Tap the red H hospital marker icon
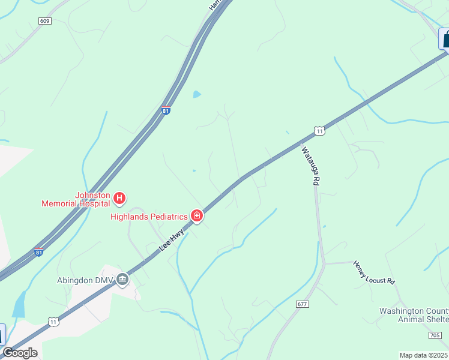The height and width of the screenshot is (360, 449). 119,197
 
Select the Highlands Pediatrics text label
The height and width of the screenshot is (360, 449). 149,216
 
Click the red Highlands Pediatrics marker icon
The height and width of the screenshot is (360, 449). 197,215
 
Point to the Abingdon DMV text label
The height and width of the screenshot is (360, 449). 84,280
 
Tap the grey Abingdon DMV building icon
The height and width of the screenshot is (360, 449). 122,279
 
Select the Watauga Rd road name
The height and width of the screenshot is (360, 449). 309,166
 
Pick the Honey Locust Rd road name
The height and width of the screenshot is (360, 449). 374,272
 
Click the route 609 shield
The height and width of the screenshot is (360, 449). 45,20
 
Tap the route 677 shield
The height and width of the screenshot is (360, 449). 302,305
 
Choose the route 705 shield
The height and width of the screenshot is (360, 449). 435,335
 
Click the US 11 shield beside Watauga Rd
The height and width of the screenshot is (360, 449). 319,131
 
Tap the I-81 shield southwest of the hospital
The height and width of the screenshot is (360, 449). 38,252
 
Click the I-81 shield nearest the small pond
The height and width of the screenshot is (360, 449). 166,110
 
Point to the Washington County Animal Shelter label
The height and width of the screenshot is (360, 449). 414,314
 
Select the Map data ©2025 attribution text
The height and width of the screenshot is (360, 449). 423,355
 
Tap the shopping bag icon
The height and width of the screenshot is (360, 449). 445,39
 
